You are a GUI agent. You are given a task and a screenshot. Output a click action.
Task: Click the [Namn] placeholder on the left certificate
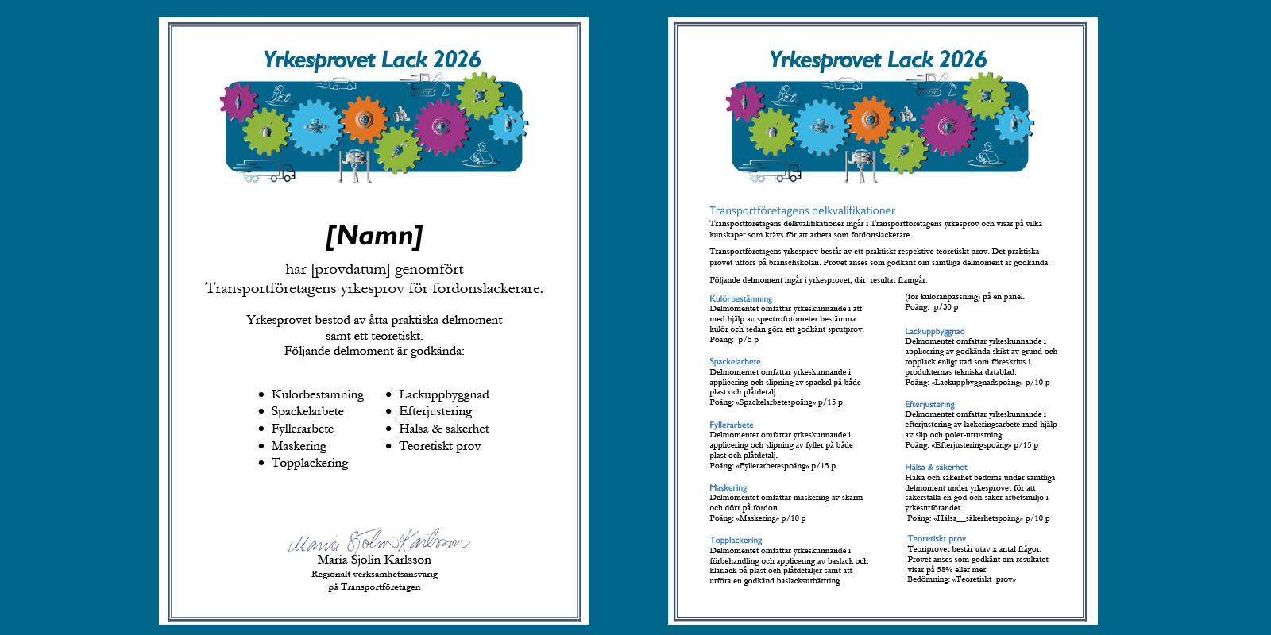(374, 236)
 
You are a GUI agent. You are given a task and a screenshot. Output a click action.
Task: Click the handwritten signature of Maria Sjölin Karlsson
(378, 542)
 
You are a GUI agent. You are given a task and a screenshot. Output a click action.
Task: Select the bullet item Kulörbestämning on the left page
(317, 394)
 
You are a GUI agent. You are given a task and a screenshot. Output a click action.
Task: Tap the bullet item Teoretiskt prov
(439, 446)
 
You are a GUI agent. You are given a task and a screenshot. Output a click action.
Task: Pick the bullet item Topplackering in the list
(310, 463)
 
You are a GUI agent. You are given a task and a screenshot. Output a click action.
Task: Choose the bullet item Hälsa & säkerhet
(443, 429)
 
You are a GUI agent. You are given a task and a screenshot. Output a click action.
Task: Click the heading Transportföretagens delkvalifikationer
(802, 210)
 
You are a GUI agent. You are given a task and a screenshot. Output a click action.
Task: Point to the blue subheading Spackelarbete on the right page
(735, 361)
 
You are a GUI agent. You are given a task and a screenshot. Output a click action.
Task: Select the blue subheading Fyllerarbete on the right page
(732, 425)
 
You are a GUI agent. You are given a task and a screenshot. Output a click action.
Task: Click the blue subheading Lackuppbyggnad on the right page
(934, 331)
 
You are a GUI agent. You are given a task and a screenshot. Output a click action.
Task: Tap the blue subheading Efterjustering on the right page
(929, 404)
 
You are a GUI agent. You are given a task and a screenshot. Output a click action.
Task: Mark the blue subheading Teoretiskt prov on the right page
(937, 538)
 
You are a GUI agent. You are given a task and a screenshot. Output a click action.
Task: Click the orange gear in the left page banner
(365, 120)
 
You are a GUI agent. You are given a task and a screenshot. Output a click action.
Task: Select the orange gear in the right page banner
(871, 120)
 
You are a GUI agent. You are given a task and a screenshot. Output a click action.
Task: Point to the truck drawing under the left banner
(267, 171)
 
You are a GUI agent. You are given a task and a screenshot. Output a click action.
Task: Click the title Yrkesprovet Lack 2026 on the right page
(878, 60)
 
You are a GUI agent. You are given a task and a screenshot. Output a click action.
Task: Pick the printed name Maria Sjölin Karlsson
(374, 560)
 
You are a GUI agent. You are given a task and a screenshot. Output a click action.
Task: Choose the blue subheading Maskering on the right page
(728, 487)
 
